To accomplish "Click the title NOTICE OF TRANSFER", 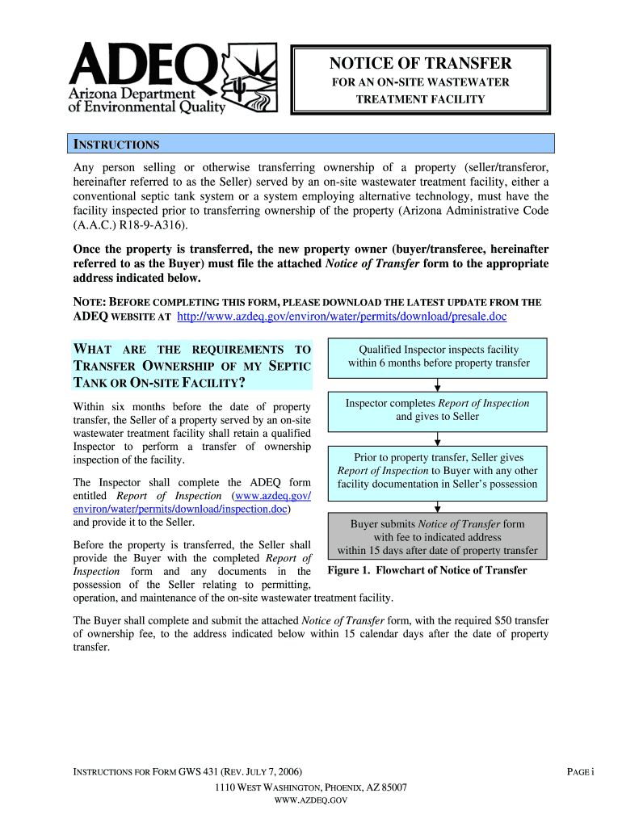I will [x=420, y=64].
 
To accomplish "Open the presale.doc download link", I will [x=342, y=317].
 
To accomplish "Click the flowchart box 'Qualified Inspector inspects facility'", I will [x=437, y=356].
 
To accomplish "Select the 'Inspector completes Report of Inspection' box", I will [x=437, y=410].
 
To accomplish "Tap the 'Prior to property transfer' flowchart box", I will [x=437, y=471].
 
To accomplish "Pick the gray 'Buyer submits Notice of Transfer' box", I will [x=437, y=537].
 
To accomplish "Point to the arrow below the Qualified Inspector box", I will [x=437, y=384].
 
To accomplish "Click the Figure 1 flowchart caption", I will [x=427, y=571].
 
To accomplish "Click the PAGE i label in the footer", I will [x=580, y=772].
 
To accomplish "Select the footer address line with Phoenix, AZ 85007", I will [x=310, y=787].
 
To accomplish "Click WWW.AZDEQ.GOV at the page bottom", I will [x=310, y=800].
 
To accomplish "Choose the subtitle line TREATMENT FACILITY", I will [x=420, y=99].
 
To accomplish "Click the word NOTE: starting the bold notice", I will [x=90, y=302].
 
